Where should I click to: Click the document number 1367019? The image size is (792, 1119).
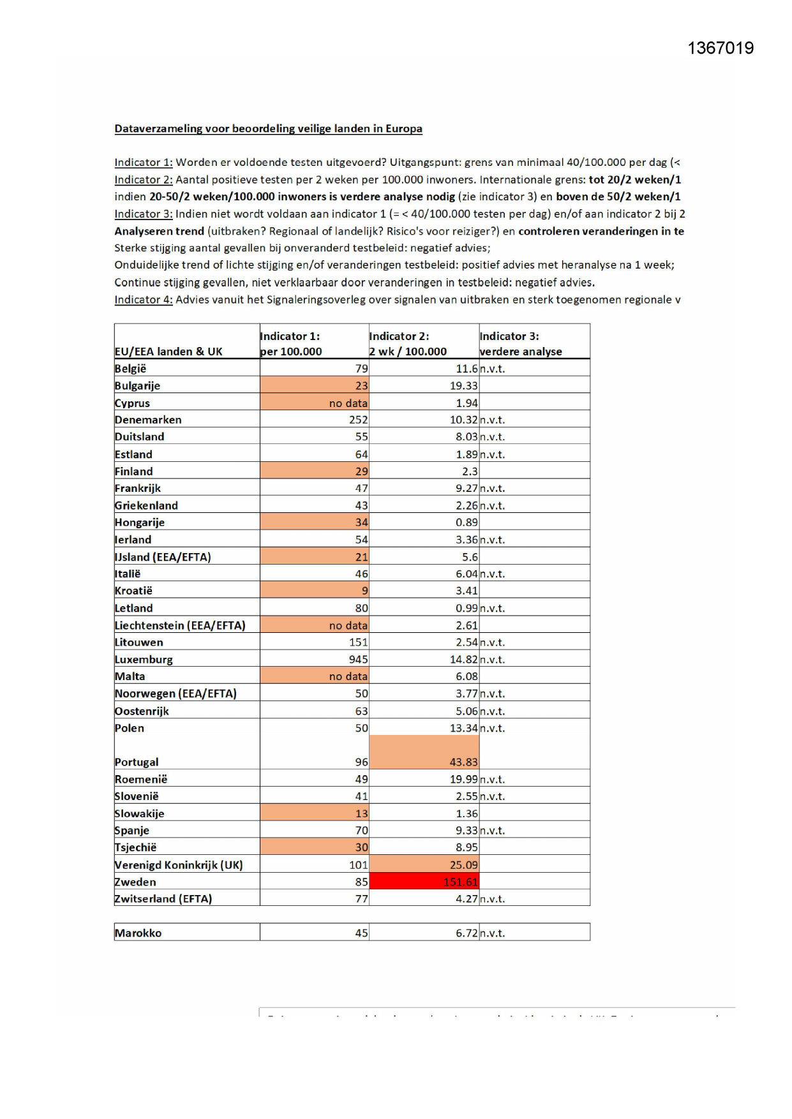point(721,48)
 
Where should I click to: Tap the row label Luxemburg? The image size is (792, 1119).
point(144,659)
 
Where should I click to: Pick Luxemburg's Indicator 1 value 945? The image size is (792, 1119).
point(358,659)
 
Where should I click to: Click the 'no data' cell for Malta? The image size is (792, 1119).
point(348,676)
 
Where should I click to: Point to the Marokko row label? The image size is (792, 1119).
point(138,933)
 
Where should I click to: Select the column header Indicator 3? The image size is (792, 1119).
point(509,336)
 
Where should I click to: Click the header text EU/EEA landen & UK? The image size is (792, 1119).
point(168,352)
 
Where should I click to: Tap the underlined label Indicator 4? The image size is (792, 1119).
point(144,299)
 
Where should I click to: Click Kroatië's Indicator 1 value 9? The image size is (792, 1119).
point(364,591)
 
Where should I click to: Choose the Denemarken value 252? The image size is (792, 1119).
point(358,420)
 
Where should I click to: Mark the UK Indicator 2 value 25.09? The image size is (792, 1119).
point(463,864)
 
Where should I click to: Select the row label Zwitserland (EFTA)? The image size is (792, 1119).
point(163,898)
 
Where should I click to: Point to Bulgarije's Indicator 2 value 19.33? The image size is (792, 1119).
point(463,385)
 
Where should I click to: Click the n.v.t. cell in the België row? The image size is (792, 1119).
point(492,369)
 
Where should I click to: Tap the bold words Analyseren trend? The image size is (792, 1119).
point(159,231)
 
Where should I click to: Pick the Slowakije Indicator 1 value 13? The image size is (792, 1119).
point(361,813)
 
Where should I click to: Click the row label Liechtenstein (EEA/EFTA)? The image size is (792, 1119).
point(180,625)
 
